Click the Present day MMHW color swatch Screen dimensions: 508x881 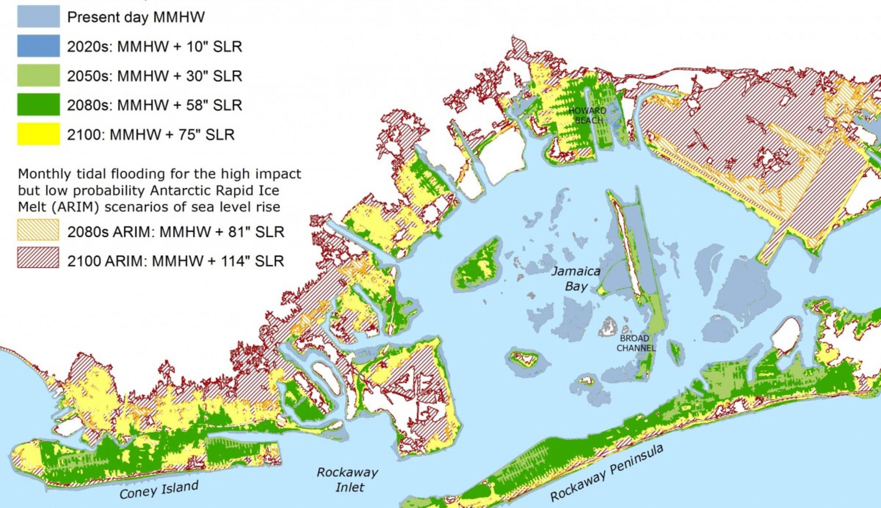(x=39, y=17)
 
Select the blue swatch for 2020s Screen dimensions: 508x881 (x=39, y=46)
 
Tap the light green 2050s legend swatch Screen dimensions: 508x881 (x=39, y=75)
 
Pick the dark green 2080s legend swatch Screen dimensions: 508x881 (x=39, y=105)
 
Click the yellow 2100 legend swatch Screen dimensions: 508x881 (x=39, y=134)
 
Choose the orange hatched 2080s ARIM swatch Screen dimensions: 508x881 (x=38, y=230)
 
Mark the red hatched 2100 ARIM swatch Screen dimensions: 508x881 (x=38, y=257)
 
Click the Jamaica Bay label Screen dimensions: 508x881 (x=576, y=279)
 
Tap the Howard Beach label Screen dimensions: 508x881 (x=588, y=115)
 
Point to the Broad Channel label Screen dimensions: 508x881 (x=635, y=343)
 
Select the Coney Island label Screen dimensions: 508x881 (x=159, y=490)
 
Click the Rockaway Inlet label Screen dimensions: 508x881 (x=348, y=480)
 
